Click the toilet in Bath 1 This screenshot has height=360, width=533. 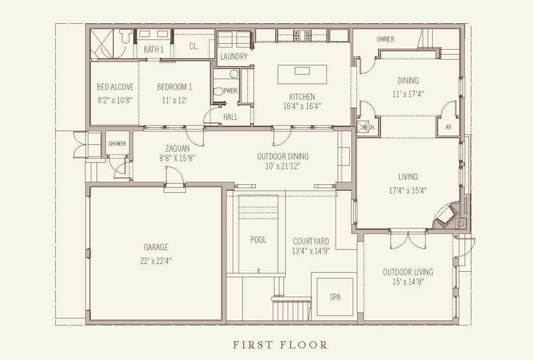point(126,36)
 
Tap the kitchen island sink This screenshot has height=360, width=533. point(302,71)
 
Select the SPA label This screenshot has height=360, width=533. point(335,297)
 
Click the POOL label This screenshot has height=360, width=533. point(258,240)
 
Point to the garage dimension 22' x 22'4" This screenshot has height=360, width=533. point(156,261)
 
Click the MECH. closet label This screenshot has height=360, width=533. point(369,128)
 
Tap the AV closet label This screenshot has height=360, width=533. point(448,127)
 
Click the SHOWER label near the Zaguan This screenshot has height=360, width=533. point(117,144)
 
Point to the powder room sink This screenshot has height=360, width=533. point(234,74)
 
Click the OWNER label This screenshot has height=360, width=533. point(386,39)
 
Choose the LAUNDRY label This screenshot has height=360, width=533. point(234,57)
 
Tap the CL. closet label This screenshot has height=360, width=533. point(194,46)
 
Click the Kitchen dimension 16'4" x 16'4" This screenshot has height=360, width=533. point(302,106)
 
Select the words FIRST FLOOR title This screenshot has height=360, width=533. point(280,345)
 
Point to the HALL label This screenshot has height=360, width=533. point(230,117)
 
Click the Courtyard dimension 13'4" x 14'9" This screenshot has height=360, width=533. point(311,251)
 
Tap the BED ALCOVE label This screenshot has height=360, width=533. point(115,87)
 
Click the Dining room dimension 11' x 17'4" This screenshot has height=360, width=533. point(408,94)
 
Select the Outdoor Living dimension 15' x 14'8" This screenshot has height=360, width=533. point(408,282)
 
